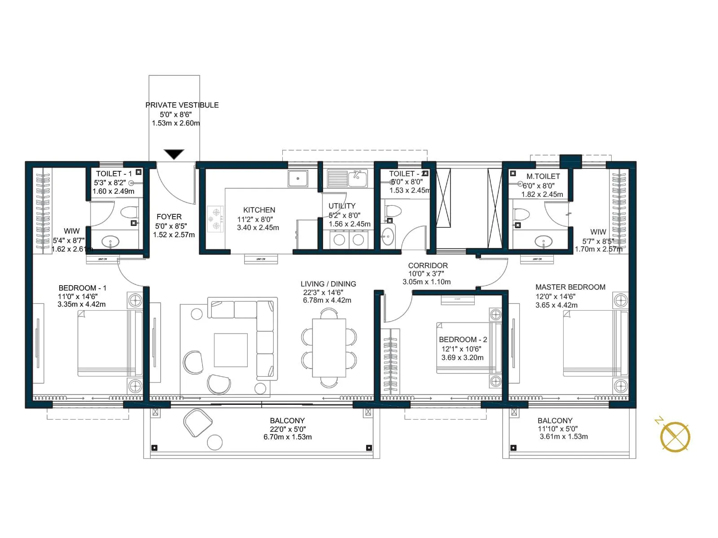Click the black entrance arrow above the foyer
174,154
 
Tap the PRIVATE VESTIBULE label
182,105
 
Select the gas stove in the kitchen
215,219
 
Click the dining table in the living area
329,347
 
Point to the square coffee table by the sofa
231,350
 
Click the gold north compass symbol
675,436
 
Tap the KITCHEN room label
259,210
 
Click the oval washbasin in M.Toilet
543,241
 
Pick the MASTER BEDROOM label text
570,287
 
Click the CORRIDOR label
428,265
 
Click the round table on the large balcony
215,443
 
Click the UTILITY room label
342,206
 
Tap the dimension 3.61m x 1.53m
564,437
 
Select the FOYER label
169,217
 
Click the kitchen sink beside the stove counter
298,178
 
